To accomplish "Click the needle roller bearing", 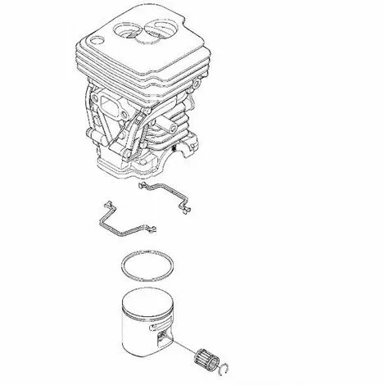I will coord(208,361).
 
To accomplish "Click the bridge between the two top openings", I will coord(148,32).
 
